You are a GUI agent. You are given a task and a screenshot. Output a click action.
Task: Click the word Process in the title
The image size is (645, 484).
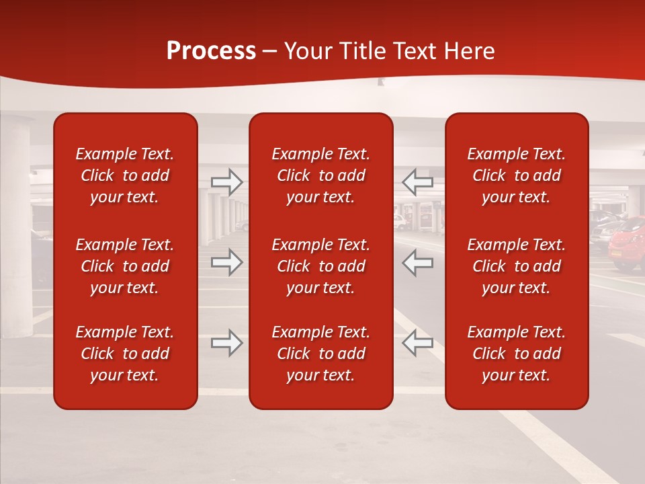(x=211, y=51)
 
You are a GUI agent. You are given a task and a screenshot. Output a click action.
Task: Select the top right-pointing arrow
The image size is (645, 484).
(x=227, y=182)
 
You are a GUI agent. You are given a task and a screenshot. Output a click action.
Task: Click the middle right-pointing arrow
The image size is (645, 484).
(x=227, y=261)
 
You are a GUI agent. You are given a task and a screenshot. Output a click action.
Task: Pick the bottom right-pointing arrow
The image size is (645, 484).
(x=227, y=343)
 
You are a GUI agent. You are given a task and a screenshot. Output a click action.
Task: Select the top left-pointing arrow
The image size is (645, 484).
(x=418, y=182)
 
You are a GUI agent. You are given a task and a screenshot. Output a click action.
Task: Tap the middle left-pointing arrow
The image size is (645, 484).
(x=418, y=261)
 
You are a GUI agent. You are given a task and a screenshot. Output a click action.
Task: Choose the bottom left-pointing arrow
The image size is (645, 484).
(x=418, y=343)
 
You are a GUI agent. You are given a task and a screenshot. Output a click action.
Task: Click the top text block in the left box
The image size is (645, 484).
(x=125, y=175)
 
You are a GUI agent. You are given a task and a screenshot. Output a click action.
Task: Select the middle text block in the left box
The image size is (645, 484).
(x=125, y=266)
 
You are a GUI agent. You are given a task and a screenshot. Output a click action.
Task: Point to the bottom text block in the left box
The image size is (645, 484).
(x=125, y=354)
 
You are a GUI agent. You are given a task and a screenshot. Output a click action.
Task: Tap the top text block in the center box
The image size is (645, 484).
(x=320, y=175)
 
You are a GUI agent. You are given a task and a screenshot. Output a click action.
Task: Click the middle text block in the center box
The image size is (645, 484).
(x=320, y=266)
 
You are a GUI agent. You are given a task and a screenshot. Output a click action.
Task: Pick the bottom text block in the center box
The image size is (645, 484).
(x=320, y=354)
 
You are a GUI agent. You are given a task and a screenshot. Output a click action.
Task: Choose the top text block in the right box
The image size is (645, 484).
(x=516, y=175)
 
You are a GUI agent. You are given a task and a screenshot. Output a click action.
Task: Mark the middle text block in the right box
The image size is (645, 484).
(x=516, y=266)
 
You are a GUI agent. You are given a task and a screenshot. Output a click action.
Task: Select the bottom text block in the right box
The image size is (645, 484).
(x=516, y=354)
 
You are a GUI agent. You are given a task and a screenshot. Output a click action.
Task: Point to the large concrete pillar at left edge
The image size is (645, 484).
(x=15, y=222)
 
